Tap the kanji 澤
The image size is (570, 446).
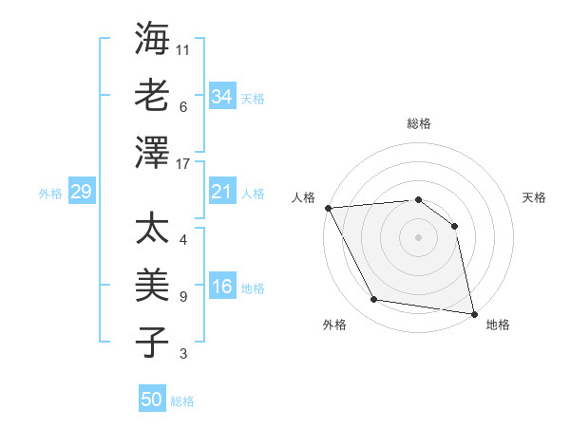pyautogui.click(x=152, y=151)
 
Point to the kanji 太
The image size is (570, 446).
pyautogui.click(x=152, y=230)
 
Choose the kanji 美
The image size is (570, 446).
pyautogui.click(x=152, y=285)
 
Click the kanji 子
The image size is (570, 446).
pyautogui.click(x=152, y=342)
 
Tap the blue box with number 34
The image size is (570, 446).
pyautogui.click(x=221, y=96)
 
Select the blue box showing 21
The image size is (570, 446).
pyautogui.click(x=221, y=193)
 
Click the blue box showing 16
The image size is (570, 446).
pyautogui.click(x=221, y=288)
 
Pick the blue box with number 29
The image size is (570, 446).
pyautogui.click(x=81, y=193)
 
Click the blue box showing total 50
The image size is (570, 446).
pyautogui.click(x=152, y=400)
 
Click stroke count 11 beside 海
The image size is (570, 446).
pyautogui.click(x=183, y=47)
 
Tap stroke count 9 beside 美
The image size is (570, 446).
pyautogui.click(x=183, y=297)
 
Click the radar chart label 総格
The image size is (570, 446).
pyautogui.click(x=418, y=123)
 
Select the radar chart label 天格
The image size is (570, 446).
pyautogui.click(x=534, y=197)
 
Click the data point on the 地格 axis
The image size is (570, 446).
pyautogui.click(x=473, y=313)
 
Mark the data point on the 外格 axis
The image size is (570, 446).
pyautogui.click(x=374, y=300)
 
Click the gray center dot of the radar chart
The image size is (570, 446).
pyautogui.click(x=418, y=237)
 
